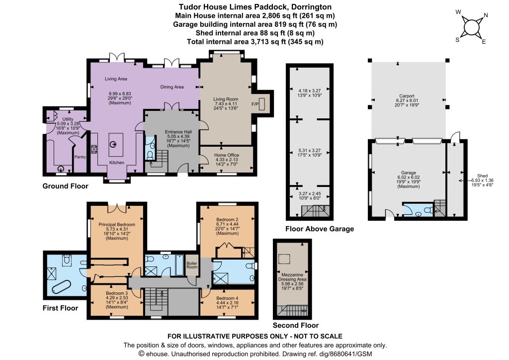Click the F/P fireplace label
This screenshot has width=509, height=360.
pyautogui.click(x=255, y=104)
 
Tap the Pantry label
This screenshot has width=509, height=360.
pyautogui.click(x=80, y=157)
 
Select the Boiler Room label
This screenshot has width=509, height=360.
pyautogui.click(x=192, y=265)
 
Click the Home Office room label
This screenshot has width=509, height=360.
pyautogui.click(x=227, y=155)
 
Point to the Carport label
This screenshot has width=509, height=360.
pyautogui.click(x=407, y=96)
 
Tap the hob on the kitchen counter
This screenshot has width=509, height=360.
pyautogui.click(x=94, y=149)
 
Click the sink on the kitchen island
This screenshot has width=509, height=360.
pyautogui.click(x=113, y=145)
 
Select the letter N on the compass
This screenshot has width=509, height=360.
pyautogui.click(x=486, y=15)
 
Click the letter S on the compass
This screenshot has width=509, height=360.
pyautogui.click(x=457, y=40)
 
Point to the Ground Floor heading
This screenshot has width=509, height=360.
pyautogui.click(x=65, y=186)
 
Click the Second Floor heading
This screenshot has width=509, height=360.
pyautogui.click(x=296, y=325)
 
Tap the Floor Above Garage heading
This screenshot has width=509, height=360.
pyautogui.click(x=320, y=229)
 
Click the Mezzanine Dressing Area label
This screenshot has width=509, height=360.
pyautogui.click(x=292, y=277)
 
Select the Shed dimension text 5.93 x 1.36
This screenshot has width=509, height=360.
pyautogui.click(x=482, y=180)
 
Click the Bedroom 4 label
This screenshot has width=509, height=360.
pyautogui.click(x=227, y=298)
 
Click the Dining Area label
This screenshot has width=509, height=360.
pyautogui.click(x=172, y=87)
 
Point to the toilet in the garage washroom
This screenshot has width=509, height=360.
pyautogui.click(x=428, y=210)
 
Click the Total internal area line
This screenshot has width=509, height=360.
pyautogui.click(x=255, y=42)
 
